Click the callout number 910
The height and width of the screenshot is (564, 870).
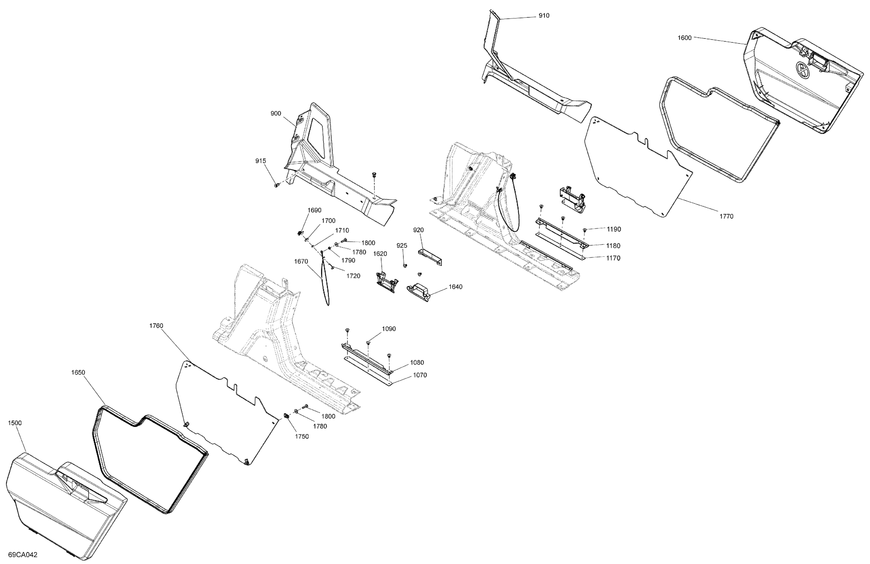click(x=544, y=16)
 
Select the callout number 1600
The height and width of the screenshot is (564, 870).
click(x=685, y=37)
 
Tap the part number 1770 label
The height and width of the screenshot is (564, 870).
click(x=726, y=216)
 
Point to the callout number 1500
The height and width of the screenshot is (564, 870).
click(x=15, y=423)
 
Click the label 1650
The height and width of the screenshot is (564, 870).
click(x=78, y=373)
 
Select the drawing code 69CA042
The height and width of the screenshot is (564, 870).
click(x=23, y=555)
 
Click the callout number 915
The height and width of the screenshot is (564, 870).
click(x=260, y=161)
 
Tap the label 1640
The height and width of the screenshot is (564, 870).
click(x=456, y=287)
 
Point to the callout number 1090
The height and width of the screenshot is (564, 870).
click(x=389, y=329)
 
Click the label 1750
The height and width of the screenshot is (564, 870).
click(x=302, y=436)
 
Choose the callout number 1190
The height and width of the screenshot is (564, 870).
click(x=614, y=229)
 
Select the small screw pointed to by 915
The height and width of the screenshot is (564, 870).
click(x=276, y=185)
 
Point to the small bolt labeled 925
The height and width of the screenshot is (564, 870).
click(x=405, y=265)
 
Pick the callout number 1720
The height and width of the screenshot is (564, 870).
click(x=353, y=276)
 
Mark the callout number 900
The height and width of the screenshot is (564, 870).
click(x=276, y=114)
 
